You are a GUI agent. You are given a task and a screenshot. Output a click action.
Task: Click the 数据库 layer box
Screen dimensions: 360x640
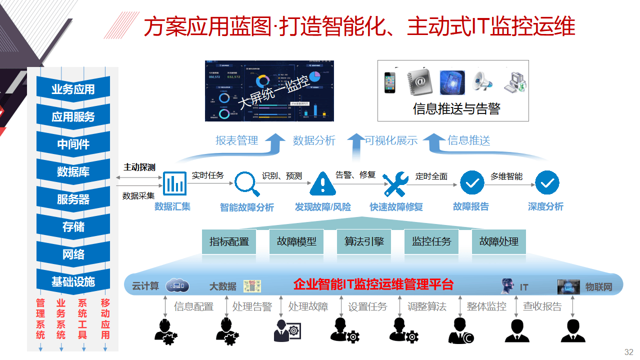[73, 172]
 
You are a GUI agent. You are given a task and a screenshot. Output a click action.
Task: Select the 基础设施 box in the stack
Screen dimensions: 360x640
[73, 282]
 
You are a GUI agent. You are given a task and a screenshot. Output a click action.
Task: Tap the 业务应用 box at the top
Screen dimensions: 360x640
[73, 89]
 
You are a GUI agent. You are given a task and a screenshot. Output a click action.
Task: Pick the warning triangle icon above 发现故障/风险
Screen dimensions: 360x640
[322, 183]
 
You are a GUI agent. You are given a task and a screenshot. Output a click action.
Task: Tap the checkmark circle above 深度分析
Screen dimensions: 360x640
[547, 183]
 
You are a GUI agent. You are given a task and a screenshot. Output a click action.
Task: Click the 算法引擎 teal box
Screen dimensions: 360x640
[364, 242]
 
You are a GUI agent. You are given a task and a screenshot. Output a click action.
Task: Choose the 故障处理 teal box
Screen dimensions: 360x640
[499, 242]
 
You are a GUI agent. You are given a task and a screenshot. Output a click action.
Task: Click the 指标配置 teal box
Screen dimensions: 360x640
[229, 242]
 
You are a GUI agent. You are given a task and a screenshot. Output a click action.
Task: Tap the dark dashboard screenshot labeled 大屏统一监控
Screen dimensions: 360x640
[269, 91]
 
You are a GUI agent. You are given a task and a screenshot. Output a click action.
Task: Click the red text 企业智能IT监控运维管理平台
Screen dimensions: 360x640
[373, 284]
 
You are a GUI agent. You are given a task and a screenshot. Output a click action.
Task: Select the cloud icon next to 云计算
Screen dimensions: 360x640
[177, 285]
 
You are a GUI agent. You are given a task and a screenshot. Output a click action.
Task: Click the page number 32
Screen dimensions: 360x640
[628, 352]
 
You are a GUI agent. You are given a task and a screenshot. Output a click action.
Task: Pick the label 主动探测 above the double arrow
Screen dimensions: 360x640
[139, 167]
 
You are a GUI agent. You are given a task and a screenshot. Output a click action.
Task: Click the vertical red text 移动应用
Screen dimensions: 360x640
[105, 319]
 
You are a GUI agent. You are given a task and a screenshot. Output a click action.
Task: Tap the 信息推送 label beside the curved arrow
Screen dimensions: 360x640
[468, 140]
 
